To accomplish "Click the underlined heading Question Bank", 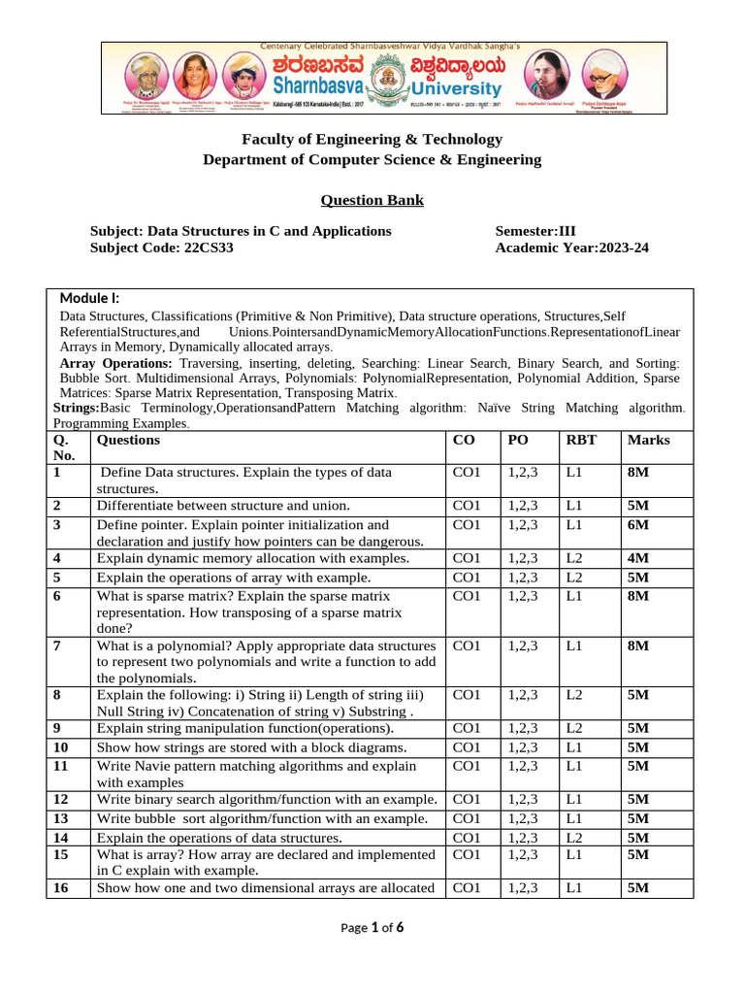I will (x=372, y=201).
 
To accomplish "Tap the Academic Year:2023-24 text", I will (x=571, y=248).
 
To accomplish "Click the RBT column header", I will (x=581, y=440).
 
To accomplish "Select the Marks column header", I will (x=648, y=440).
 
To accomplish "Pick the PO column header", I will (x=517, y=440).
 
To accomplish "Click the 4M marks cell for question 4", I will (x=638, y=558).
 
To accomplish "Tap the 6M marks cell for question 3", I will (x=638, y=524).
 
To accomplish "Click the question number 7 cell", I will (x=57, y=646).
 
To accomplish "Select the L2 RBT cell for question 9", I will (x=574, y=728).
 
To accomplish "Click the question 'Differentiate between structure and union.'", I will (x=223, y=506).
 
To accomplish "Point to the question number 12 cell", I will (x=61, y=799).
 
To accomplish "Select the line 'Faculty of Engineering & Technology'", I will (x=372, y=139).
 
